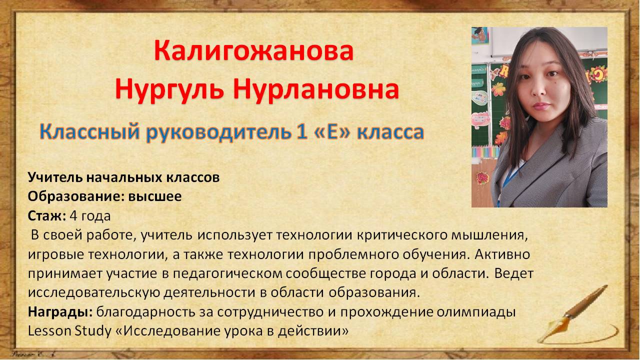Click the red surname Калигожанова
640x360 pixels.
click(253, 51)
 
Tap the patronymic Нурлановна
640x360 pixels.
click(315, 89)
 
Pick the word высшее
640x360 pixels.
click(155, 197)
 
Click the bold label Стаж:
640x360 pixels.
click(47, 216)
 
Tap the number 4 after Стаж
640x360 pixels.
click(73, 216)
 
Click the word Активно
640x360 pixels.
click(502, 254)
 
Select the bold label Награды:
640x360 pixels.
click(60, 312)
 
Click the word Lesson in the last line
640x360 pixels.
click(49, 331)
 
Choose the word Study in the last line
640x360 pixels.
click(93, 331)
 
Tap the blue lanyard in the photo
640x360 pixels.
click(511, 177)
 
